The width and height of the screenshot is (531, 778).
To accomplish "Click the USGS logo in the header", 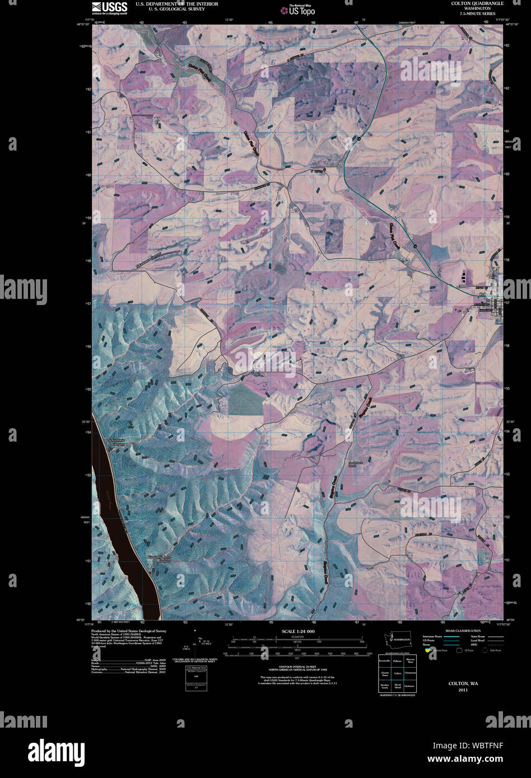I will pyautogui.click(x=109, y=7).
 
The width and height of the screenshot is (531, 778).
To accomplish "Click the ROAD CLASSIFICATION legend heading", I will pyautogui.click(x=463, y=631).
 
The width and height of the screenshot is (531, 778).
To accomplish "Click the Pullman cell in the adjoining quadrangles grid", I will pyautogui.click(x=398, y=661).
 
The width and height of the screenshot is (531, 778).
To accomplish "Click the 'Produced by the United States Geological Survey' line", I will pyautogui.click(x=129, y=631).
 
